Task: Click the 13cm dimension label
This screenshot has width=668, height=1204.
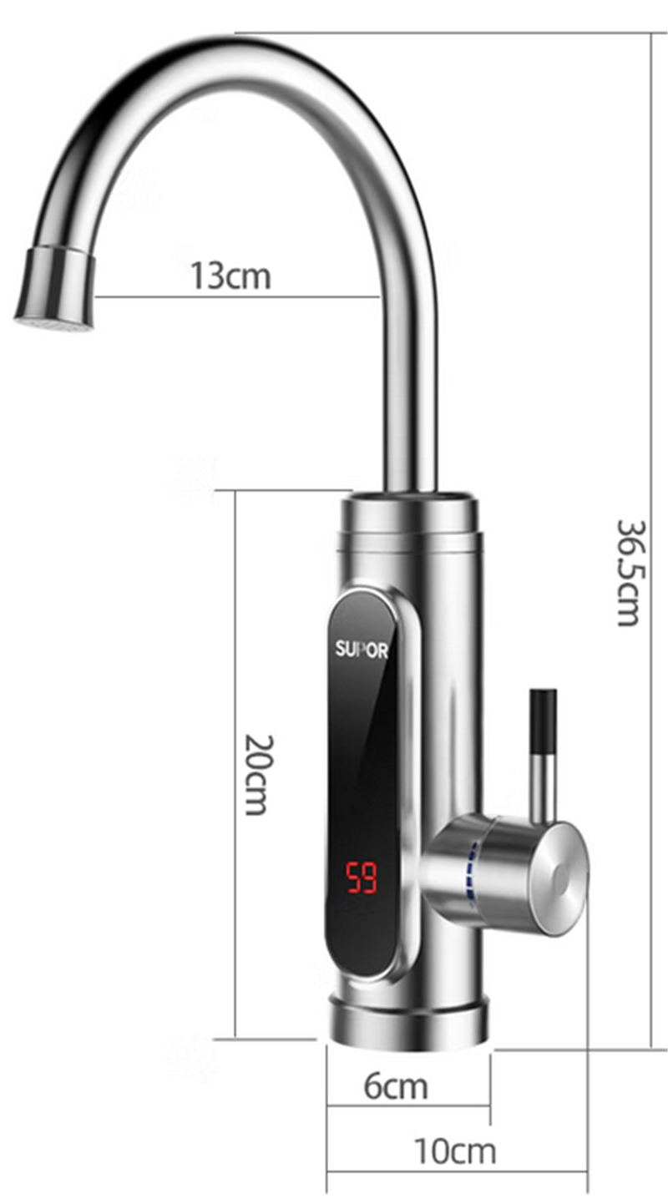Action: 230,276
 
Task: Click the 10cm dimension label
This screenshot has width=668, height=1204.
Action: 454,1151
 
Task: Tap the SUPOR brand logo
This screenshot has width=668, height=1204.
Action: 362,650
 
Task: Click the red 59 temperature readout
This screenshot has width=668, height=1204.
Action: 362,878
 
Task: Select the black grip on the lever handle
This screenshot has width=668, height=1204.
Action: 544,722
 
